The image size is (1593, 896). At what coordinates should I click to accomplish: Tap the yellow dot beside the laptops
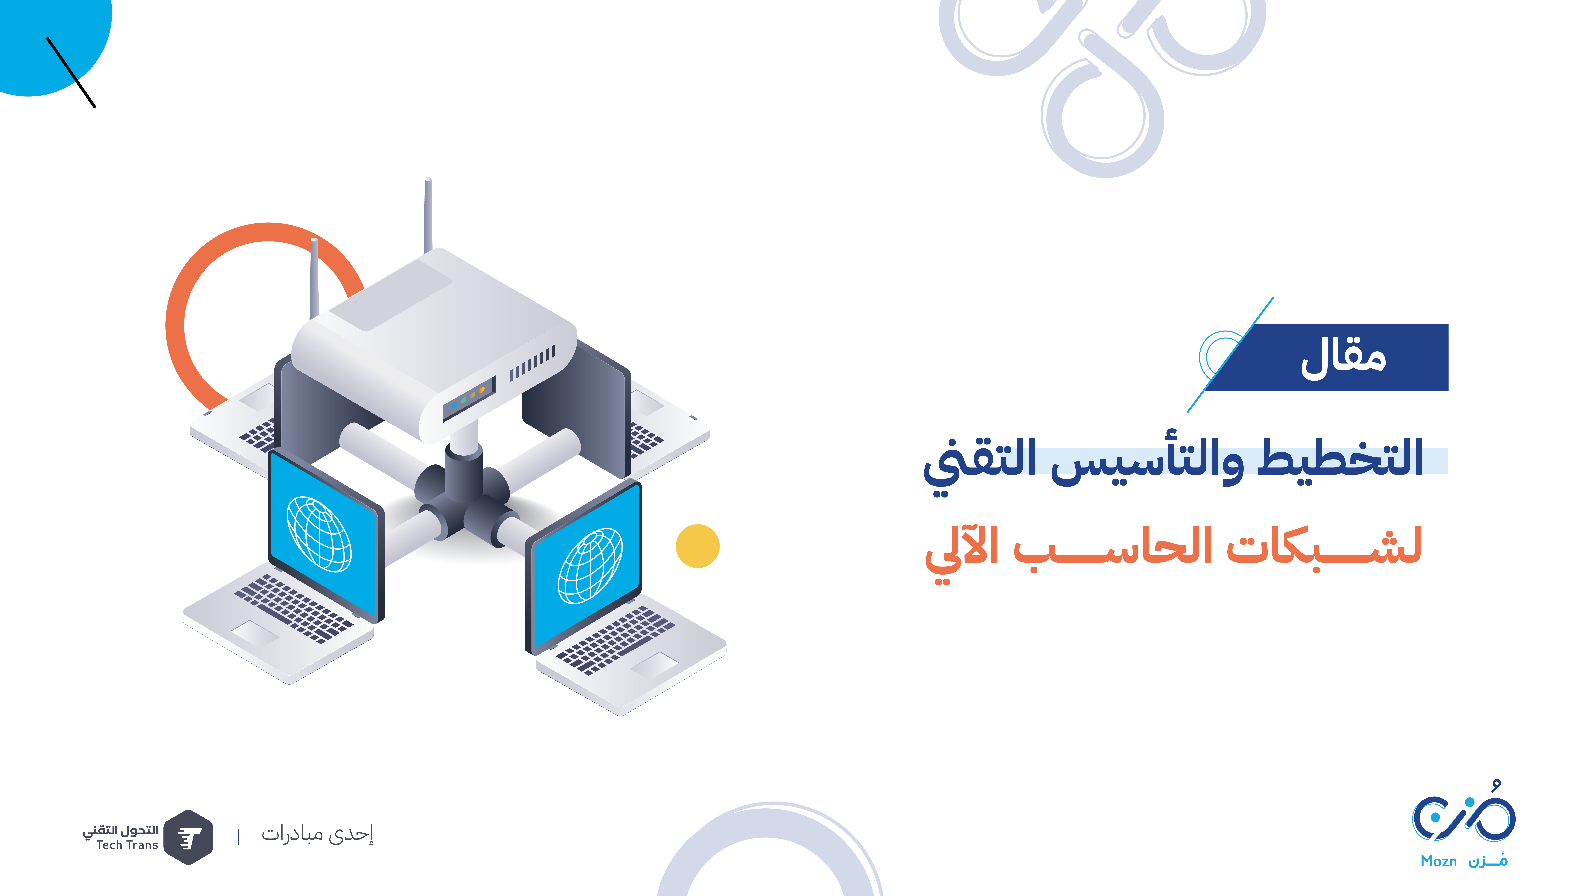pos(698,546)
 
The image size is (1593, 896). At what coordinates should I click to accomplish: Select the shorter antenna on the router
pos(314,278)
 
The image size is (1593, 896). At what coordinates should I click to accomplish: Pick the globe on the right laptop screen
pos(590,566)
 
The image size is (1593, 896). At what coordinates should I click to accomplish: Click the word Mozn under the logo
pos(1438,861)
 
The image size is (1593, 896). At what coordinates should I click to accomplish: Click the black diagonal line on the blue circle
pos(71,72)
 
